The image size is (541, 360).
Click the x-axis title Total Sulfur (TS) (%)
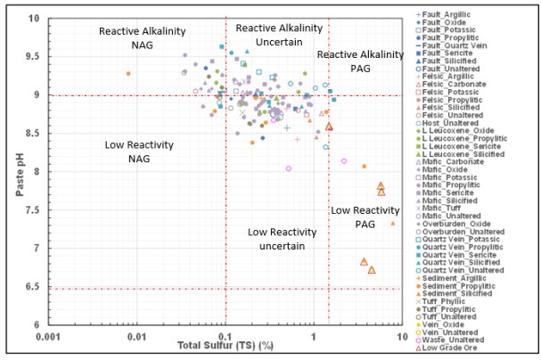(x=225, y=344)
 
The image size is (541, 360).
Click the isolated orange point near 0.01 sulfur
(x=128, y=73)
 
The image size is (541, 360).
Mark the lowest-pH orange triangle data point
(x=372, y=270)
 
